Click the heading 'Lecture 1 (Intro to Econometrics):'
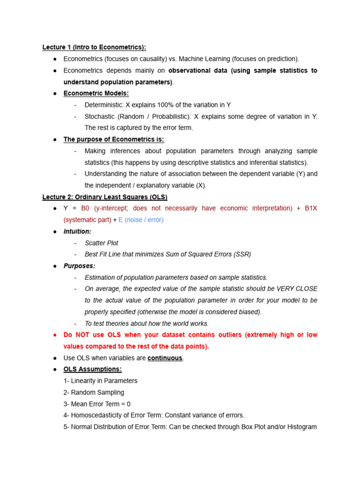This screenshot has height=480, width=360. pos(94,47)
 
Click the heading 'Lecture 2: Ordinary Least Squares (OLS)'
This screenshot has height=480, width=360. pos(105,197)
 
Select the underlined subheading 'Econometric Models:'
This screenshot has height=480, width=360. pos(96,93)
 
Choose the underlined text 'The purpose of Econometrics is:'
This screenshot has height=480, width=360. pos(114,139)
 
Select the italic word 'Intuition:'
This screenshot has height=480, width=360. pos(77,232)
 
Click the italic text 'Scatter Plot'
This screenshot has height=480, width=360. pos(101,243)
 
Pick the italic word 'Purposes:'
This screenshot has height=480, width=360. pos(79,266)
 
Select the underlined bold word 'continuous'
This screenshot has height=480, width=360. pos(165,358)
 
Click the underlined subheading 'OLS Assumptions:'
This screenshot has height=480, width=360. pos(92,369)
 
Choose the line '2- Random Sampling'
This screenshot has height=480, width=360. pos(94,392)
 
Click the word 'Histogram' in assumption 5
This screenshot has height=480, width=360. pos(300,427)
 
